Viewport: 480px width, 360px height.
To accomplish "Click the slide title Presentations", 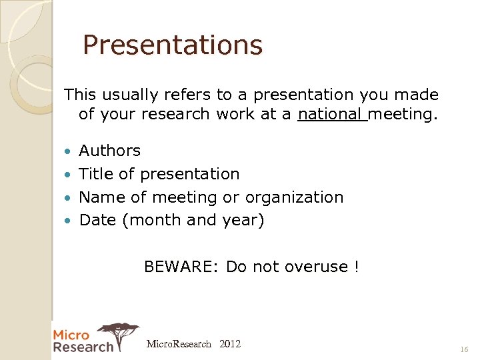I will tap(173, 45).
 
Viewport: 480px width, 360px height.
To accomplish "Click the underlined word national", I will tap(331, 114).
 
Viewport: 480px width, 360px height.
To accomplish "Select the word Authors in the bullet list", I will tap(109, 151).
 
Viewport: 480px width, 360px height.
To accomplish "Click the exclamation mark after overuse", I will tap(357, 267).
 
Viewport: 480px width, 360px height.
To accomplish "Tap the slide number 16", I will tap(464, 349).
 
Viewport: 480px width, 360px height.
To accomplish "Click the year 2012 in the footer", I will tap(230, 344).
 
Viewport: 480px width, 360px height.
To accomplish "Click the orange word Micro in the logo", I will tap(71, 335).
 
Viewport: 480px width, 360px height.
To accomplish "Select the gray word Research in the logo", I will tap(83, 347).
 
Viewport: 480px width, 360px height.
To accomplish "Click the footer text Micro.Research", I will tap(179, 344).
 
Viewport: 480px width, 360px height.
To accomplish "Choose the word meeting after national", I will tap(402, 114).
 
